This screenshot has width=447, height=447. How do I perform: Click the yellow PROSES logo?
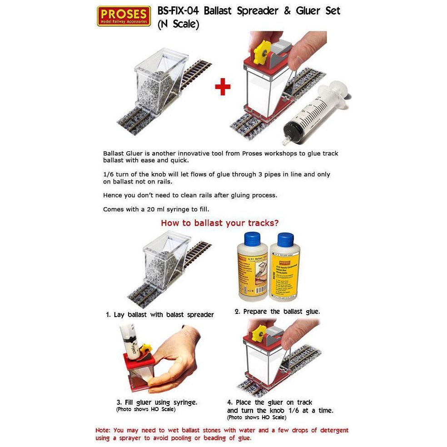tap(124, 16)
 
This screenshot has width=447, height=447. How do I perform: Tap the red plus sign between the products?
tap(222, 87)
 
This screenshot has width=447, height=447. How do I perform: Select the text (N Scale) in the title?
tap(178, 25)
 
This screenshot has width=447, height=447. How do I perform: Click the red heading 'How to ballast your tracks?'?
tap(219, 223)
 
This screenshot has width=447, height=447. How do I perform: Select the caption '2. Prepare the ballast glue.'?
tap(277, 312)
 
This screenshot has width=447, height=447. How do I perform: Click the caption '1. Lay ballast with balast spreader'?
tap(160, 314)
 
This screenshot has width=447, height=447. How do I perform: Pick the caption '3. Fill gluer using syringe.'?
tap(157, 402)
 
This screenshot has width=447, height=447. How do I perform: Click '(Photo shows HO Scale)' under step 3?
tap(146, 409)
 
